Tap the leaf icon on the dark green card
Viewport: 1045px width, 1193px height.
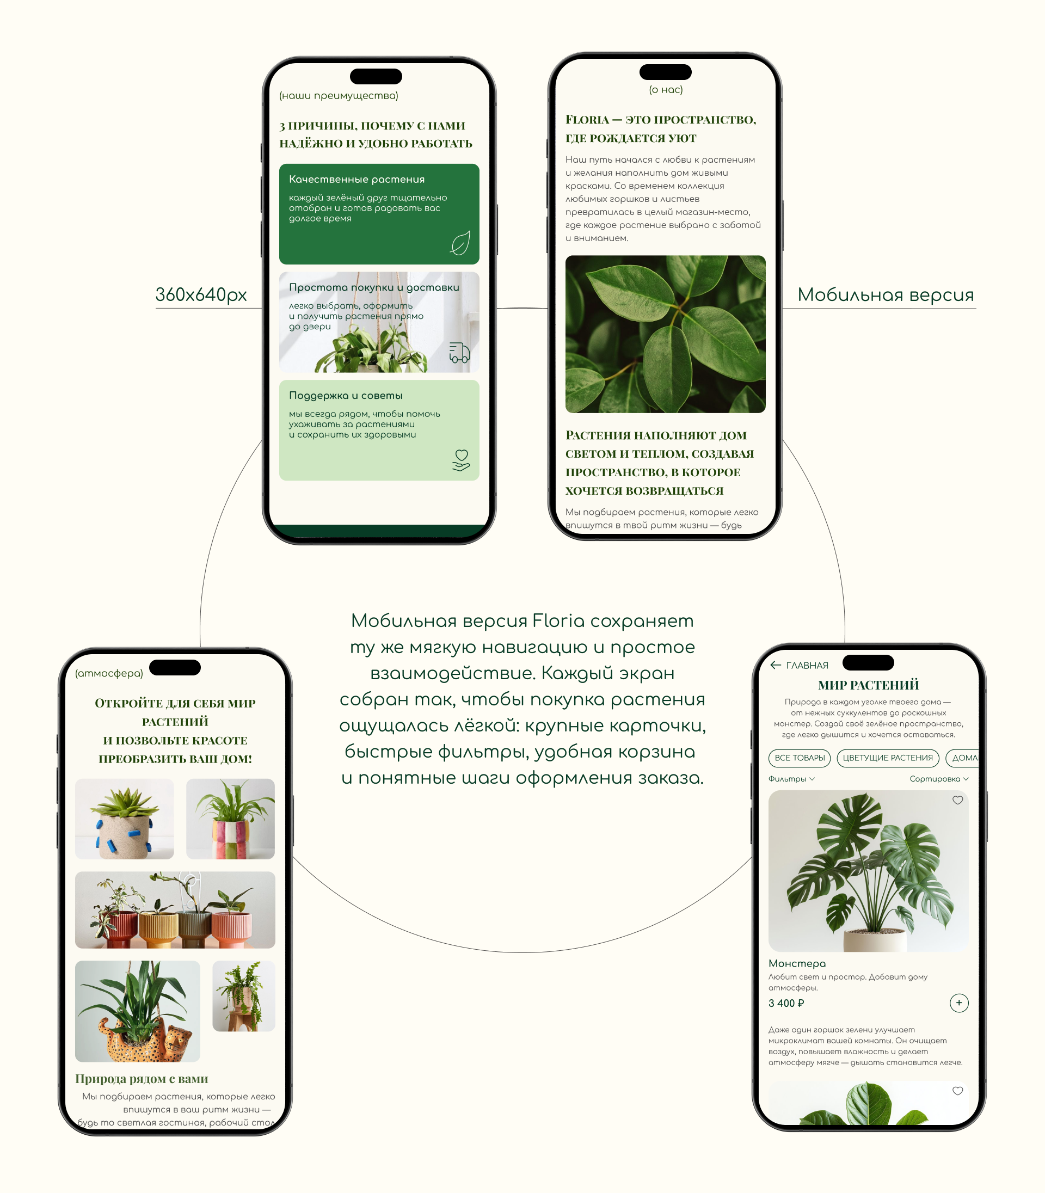pos(460,243)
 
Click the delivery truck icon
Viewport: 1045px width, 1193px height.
pos(459,352)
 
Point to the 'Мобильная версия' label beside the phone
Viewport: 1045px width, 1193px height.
pos(885,294)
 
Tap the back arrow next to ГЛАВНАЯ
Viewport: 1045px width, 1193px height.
pos(776,665)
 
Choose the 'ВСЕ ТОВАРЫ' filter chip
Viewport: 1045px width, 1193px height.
pos(800,758)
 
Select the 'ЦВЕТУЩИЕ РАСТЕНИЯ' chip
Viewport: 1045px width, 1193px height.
pos(888,758)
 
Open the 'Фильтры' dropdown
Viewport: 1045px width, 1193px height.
pos(791,778)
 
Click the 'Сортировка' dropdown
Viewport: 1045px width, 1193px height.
pos(939,778)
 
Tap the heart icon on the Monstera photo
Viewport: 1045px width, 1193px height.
pos(957,800)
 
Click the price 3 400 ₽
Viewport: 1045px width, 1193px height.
pos(786,1003)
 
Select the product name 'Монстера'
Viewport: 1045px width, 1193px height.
pos(797,963)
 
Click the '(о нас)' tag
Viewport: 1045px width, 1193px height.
pos(665,90)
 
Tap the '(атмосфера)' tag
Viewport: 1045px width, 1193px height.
pos(109,673)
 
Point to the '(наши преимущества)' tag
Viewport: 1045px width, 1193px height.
pos(339,96)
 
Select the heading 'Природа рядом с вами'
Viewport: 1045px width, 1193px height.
pos(142,1079)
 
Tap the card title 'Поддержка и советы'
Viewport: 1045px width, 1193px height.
pos(346,395)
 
